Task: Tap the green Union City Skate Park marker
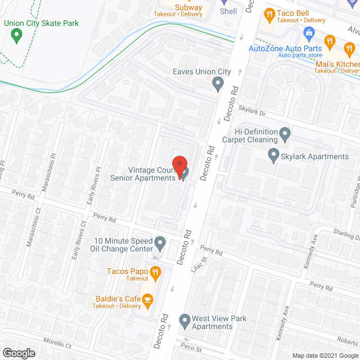tap(16, 37)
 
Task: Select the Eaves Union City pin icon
tap(218, 85)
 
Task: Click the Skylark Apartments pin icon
tap(274, 154)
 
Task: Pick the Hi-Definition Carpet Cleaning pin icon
tap(285, 135)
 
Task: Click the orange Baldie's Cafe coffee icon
tap(147, 301)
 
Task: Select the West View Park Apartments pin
tap(184, 322)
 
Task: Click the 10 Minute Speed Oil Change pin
tap(160, 244)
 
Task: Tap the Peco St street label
tap(191, 348)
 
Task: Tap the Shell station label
tap(228, 11)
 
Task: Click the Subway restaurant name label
tap(189, 7)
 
